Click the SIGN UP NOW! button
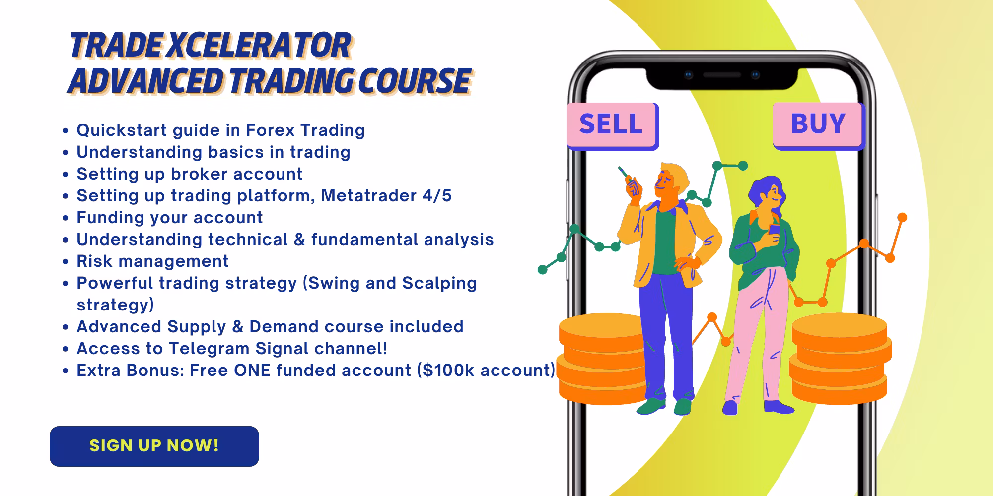[x=154, y=446]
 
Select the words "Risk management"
[x=152, y=261]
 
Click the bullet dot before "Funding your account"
[x=65, y=218]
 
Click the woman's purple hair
[x=765, y=191]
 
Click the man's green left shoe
[x=650, y=406]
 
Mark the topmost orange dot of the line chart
[x=903, y=217]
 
